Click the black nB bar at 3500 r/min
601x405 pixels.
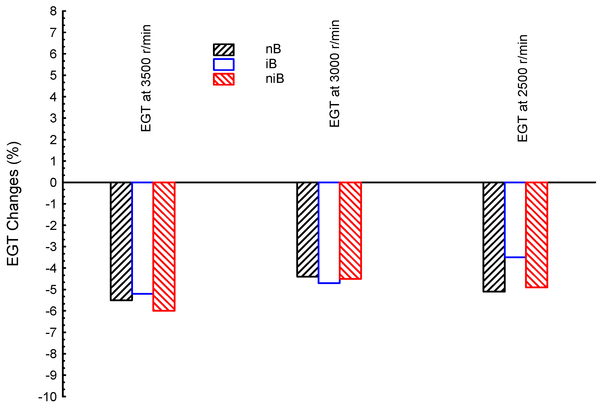click(x=121, y=241)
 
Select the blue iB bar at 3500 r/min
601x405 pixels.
click(x=142, y=238)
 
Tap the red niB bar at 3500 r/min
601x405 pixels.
click(x=164, y=246)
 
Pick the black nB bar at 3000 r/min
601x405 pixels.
click(x=307, y=230)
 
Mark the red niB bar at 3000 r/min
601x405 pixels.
click(x=350, y=231)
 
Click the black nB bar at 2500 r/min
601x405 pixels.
click(x=494, y=237)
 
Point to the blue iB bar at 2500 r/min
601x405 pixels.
click(x=515, y=220)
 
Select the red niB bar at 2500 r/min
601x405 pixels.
click(x=536, y=235)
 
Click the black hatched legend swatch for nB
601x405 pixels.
click(x=224, y=50)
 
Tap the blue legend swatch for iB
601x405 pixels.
click(x=224, y=64)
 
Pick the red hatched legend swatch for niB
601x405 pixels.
click(x=224, y=79)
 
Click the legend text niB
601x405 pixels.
click(x=275, y=78)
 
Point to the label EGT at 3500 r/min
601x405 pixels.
click(x=146, y=78)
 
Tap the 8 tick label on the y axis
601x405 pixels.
click(x=53, y=11)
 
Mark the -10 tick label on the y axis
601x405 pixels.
click(x=47, y=397)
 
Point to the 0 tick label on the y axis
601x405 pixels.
click(x=53, y=183)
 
